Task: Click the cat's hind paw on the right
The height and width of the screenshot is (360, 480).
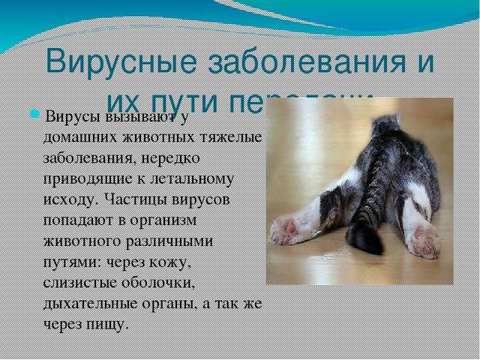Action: (425, 241)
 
